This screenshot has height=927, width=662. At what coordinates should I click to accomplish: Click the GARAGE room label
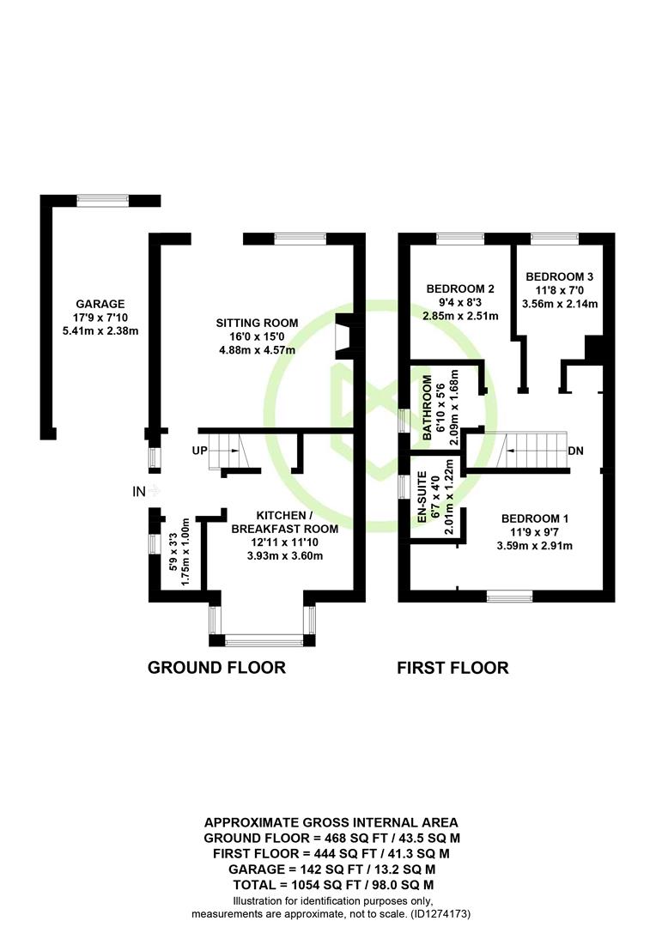[100, 304]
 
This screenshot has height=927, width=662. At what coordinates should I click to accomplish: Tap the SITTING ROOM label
[257, 323]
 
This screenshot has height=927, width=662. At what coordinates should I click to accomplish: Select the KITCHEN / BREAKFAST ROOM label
[284, 522]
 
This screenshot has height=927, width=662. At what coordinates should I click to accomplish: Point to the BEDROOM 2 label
[460, 288]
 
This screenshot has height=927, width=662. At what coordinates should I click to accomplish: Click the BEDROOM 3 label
[560, 276]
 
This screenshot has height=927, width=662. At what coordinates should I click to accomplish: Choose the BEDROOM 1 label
[535, 518]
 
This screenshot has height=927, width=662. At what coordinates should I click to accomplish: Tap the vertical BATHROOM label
[427, 408]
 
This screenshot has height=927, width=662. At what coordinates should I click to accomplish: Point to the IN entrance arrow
[153, 491]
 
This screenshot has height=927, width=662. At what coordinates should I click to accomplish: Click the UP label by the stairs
[200, 451]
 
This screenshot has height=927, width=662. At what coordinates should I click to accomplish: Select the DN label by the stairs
[575, 451]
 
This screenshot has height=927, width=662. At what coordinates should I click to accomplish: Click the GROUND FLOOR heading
[216, 668]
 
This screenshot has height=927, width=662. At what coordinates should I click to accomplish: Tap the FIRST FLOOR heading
[452, 668]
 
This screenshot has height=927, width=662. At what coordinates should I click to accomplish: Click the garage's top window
[103, 201]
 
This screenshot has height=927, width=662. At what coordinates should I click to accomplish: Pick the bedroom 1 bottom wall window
[509, 596]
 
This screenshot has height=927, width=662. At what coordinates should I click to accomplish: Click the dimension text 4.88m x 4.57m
[257, 350]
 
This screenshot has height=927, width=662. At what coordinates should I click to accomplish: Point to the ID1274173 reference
[440, 914]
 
